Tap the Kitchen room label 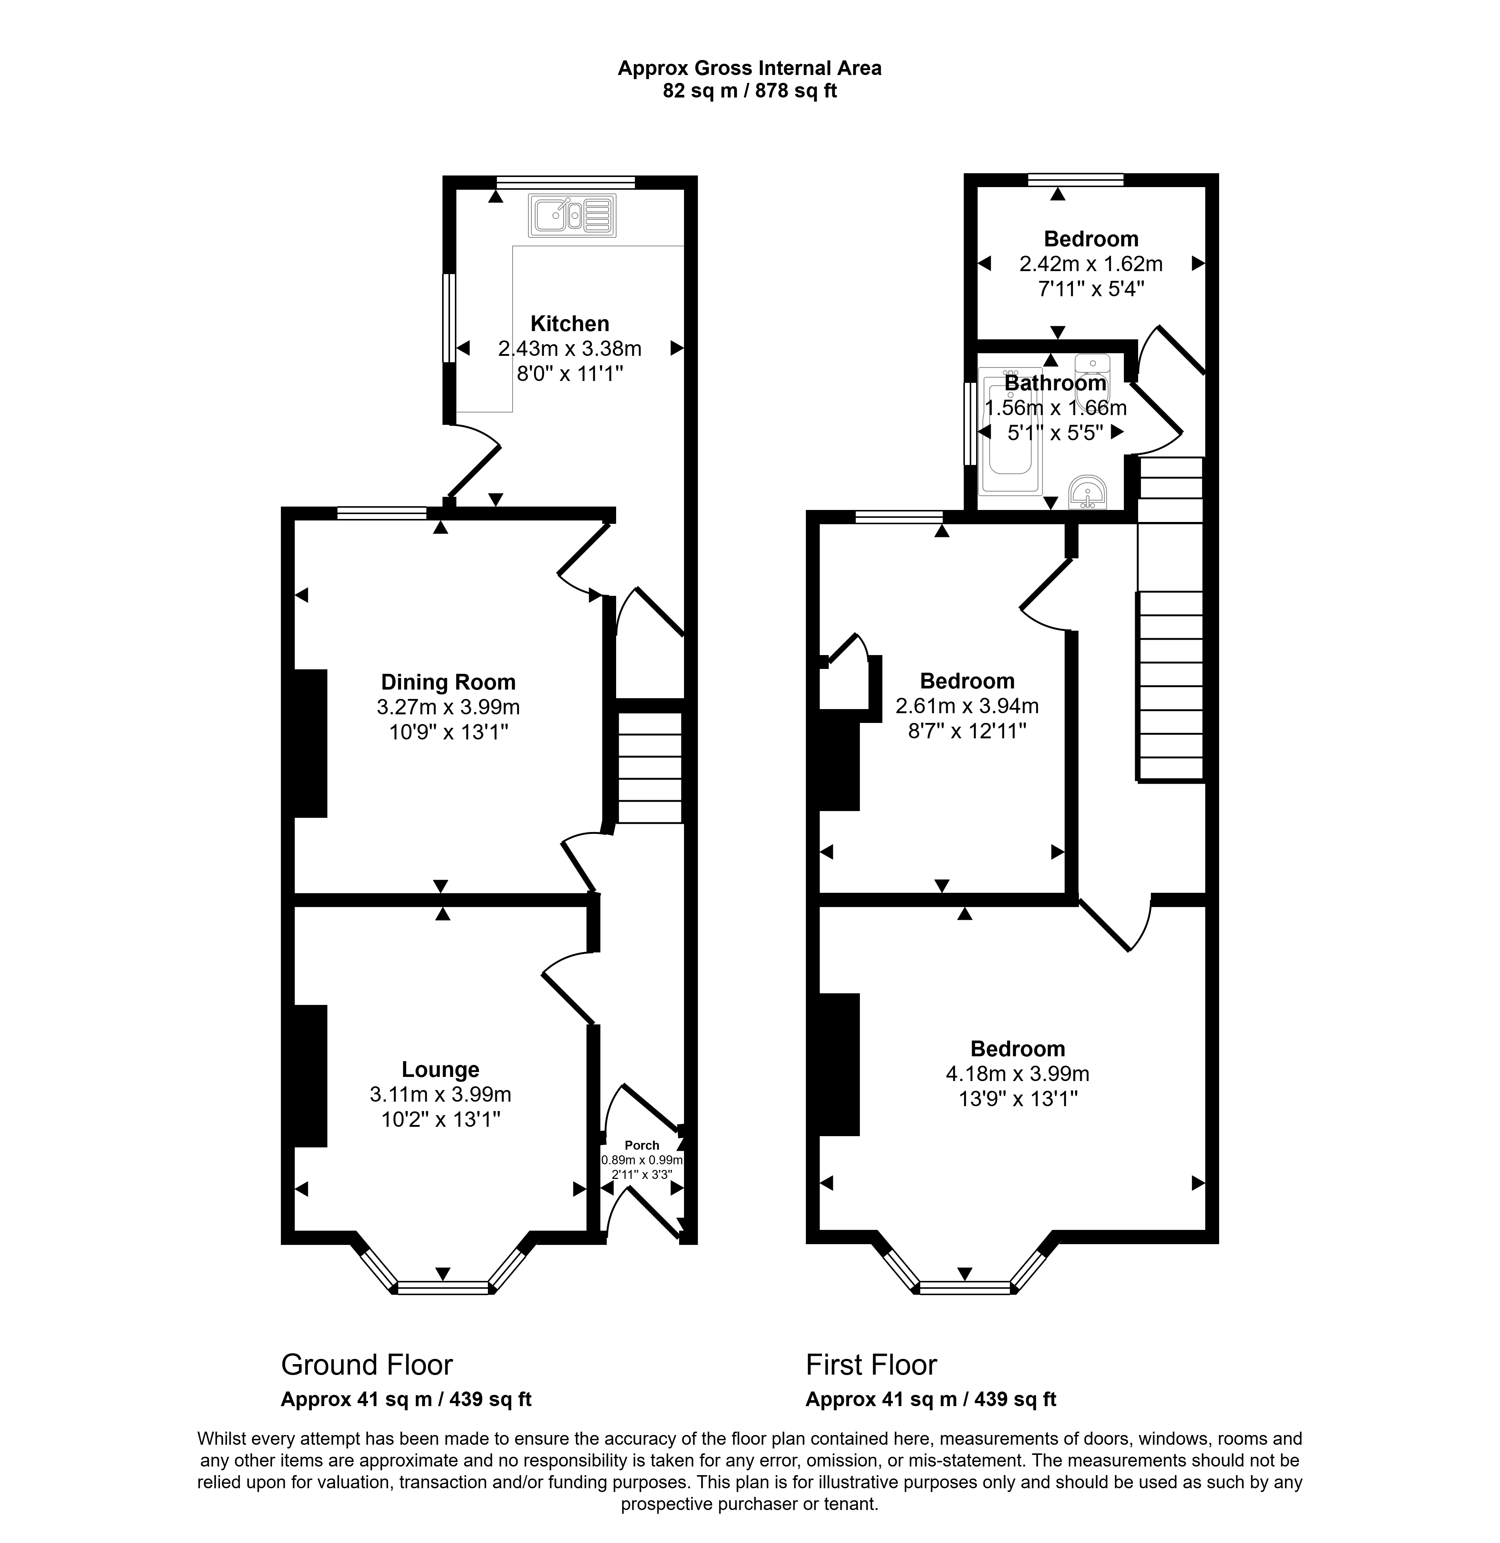point(570,324)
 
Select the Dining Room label point(448,682)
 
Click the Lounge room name point(440,1070)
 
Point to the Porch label point(642,1145)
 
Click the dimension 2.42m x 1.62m point(1091,264)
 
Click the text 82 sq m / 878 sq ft point(750,91)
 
